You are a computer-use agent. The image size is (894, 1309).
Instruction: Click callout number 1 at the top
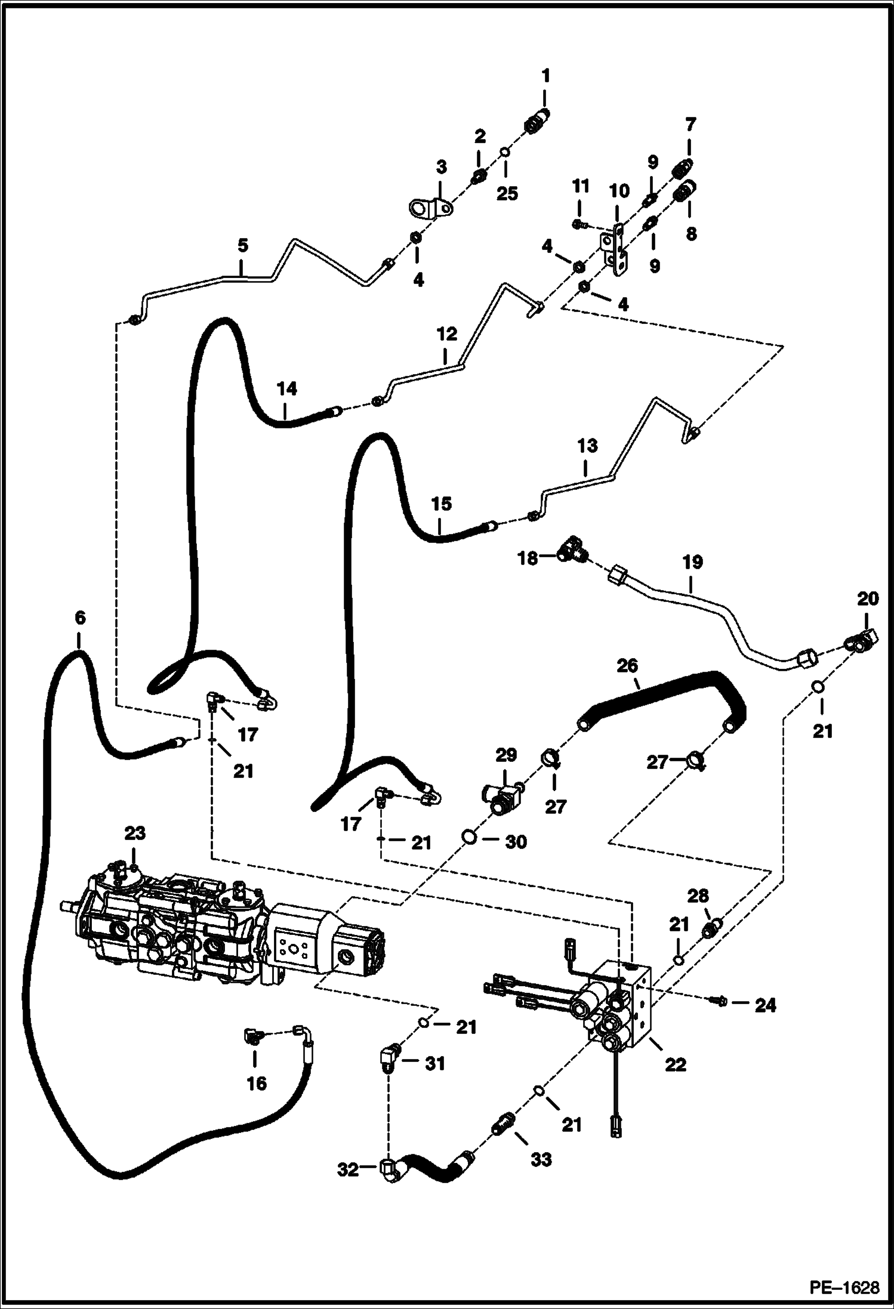(545, 76)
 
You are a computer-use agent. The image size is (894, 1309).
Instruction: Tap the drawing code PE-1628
(844, 1285)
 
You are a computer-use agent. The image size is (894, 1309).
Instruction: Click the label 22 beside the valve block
(676, 1064)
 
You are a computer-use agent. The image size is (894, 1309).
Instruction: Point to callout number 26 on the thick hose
(627, 666)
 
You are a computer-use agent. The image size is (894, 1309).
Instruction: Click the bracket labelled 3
(430, 209)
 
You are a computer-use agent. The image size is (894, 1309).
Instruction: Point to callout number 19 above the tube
(692, 562)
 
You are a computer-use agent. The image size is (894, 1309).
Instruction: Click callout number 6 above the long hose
(79, 618)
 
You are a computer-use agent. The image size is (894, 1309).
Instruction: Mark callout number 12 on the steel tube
(446, 334)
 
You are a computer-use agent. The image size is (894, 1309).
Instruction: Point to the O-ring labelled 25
(504, 152)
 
